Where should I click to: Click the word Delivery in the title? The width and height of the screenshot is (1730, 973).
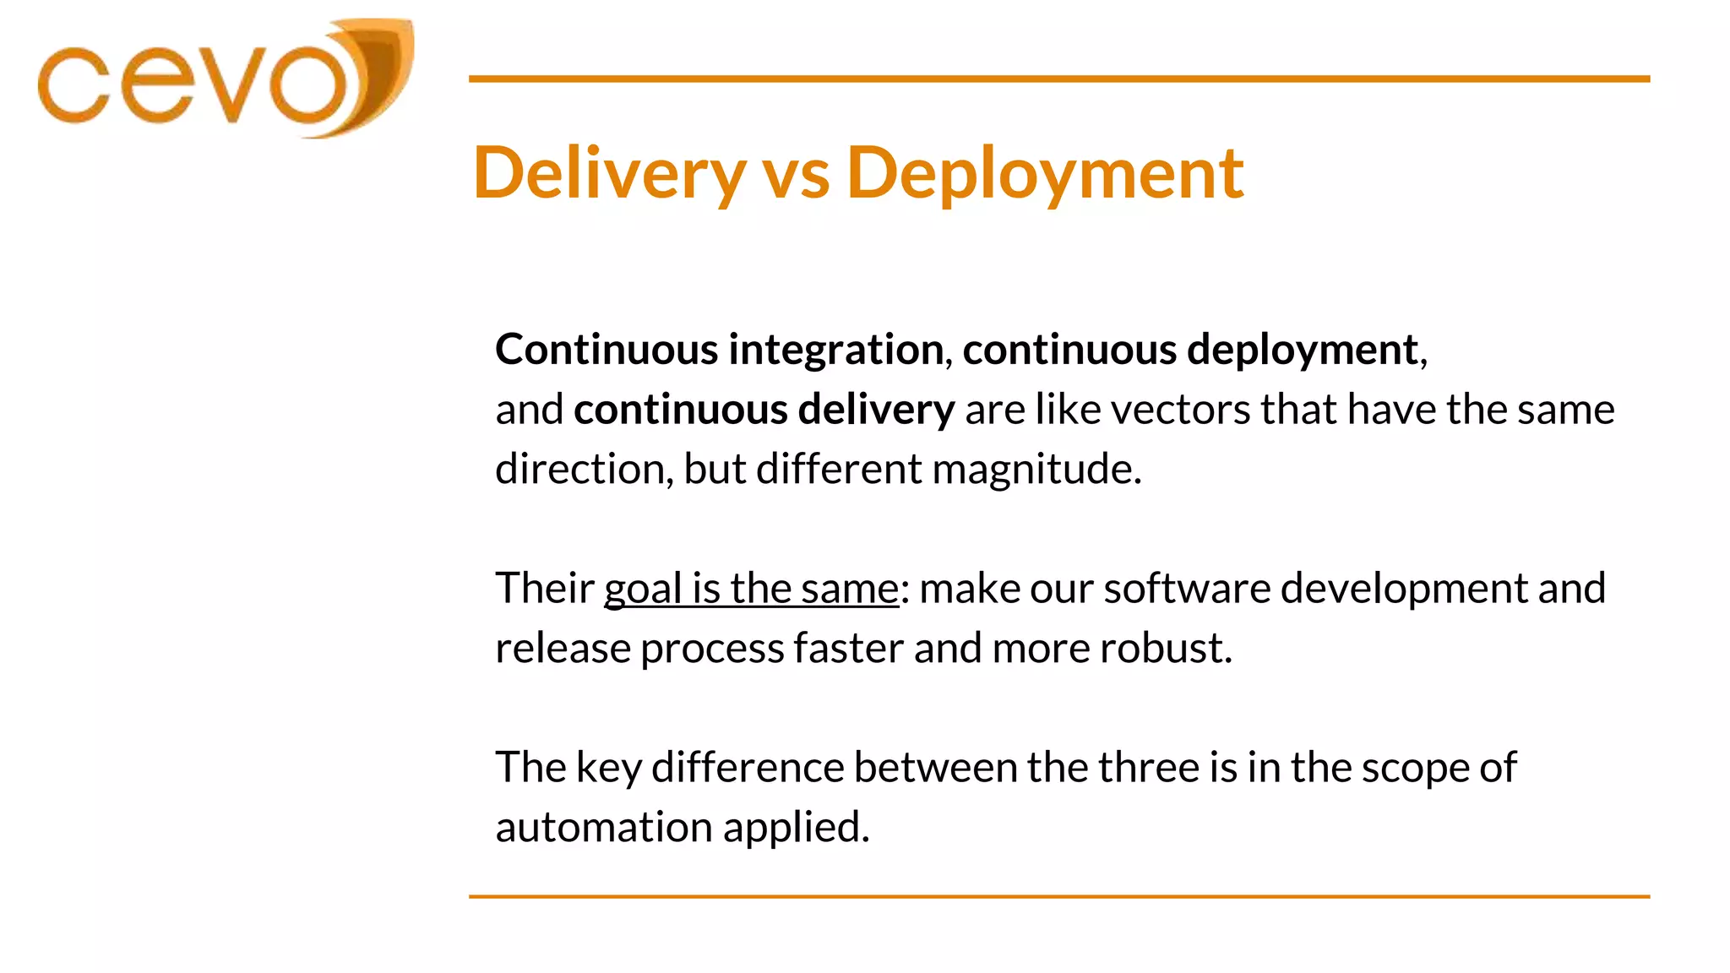coord(609,173)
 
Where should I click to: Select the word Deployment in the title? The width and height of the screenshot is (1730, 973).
coord(1045,173)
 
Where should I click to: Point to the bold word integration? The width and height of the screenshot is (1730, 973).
coord(835,350)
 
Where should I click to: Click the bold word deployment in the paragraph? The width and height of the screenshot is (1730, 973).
coord(1302,350)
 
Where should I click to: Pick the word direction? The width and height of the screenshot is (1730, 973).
coord(584,470)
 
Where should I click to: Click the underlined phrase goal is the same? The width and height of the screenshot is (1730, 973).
coord(751,589)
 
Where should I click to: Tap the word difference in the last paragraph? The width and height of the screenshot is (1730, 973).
coord(748,768)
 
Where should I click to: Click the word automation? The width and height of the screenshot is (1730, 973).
coord(603,828)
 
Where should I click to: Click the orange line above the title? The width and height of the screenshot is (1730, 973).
coord(1058,79)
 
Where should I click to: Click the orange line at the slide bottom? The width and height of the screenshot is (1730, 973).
coord(1058,896)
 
